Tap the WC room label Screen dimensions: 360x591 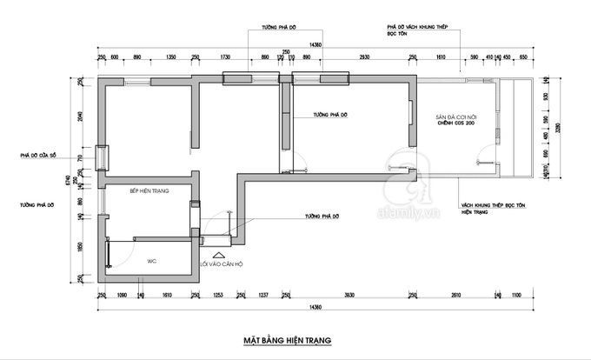point(150,260)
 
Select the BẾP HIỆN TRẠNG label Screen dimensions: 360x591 point(149,190)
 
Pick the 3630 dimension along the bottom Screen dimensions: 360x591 point(349,297)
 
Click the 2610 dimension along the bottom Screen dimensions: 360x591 point(455,297)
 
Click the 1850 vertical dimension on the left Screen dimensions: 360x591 point(79,247)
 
